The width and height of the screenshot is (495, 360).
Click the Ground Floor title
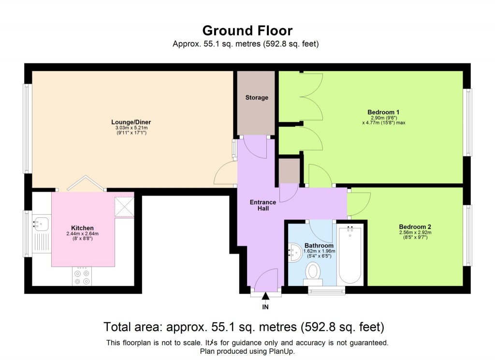[247, 31]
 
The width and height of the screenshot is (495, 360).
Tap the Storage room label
[256, 98]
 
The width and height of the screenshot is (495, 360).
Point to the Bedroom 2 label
[415, 226]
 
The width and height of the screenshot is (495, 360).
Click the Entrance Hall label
[263, 205]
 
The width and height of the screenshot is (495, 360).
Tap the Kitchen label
[82, 228]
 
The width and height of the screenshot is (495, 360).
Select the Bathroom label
[319, 245]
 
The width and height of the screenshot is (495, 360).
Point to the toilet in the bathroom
[313, 272]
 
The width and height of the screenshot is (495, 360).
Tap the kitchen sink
[41, 224]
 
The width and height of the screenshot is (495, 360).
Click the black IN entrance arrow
[265, 296]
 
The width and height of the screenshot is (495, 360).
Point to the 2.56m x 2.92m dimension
[415, 232]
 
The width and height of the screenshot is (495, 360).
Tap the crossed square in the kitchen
[124, 207]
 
